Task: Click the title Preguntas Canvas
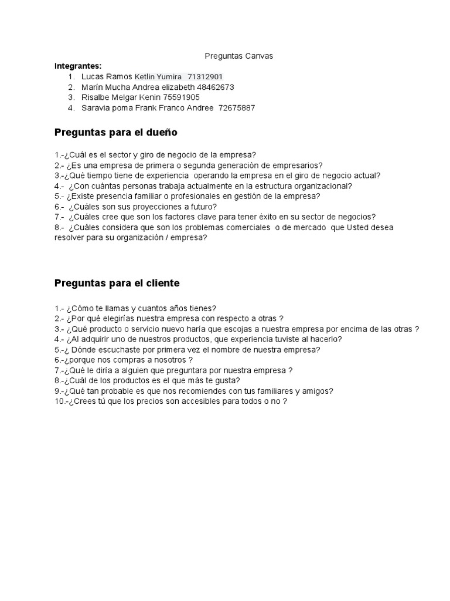pos(238,56)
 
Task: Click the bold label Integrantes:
pos(78,66)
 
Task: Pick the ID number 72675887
pos(237,108)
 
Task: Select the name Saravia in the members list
pos(95,108)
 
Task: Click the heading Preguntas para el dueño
pos(115,133)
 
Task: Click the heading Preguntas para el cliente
pos(117,283)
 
